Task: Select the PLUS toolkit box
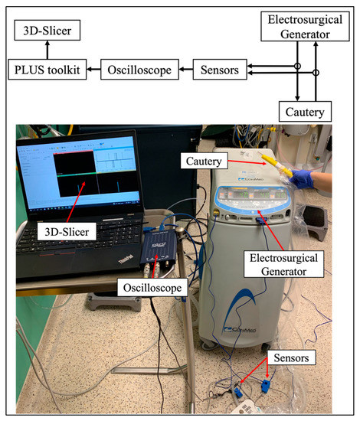click(x=47, y=70)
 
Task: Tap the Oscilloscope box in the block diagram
click(x=134, y=70)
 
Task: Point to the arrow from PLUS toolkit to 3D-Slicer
click(x=47, y=51)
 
